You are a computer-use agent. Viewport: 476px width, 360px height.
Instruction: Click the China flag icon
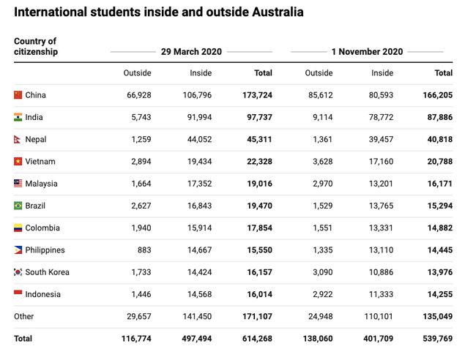point(18,95)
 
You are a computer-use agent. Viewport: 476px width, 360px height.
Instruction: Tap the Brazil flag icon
point(18,206)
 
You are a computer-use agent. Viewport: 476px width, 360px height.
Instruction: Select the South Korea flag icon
point(18,272)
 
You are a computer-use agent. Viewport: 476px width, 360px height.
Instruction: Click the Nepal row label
point(36,139)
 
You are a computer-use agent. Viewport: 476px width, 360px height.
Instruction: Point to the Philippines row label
point(45,250)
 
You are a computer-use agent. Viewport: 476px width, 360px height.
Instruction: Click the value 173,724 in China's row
point(257,95)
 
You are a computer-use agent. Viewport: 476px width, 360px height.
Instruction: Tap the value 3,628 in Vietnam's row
point(319,162)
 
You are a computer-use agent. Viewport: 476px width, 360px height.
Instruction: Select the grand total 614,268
point(256,339)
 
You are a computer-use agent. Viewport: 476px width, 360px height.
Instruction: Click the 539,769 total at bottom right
point(437,339)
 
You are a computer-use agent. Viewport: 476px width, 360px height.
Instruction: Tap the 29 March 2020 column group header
point(191,52)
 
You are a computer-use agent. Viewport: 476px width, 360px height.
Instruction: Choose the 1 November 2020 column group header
point(367,52)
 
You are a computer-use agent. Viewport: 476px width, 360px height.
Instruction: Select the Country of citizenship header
point(35,46)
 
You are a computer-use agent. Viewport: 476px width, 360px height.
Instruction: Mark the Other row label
point(24,317)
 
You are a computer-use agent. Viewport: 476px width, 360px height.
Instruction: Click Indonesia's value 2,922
point(319,294)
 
